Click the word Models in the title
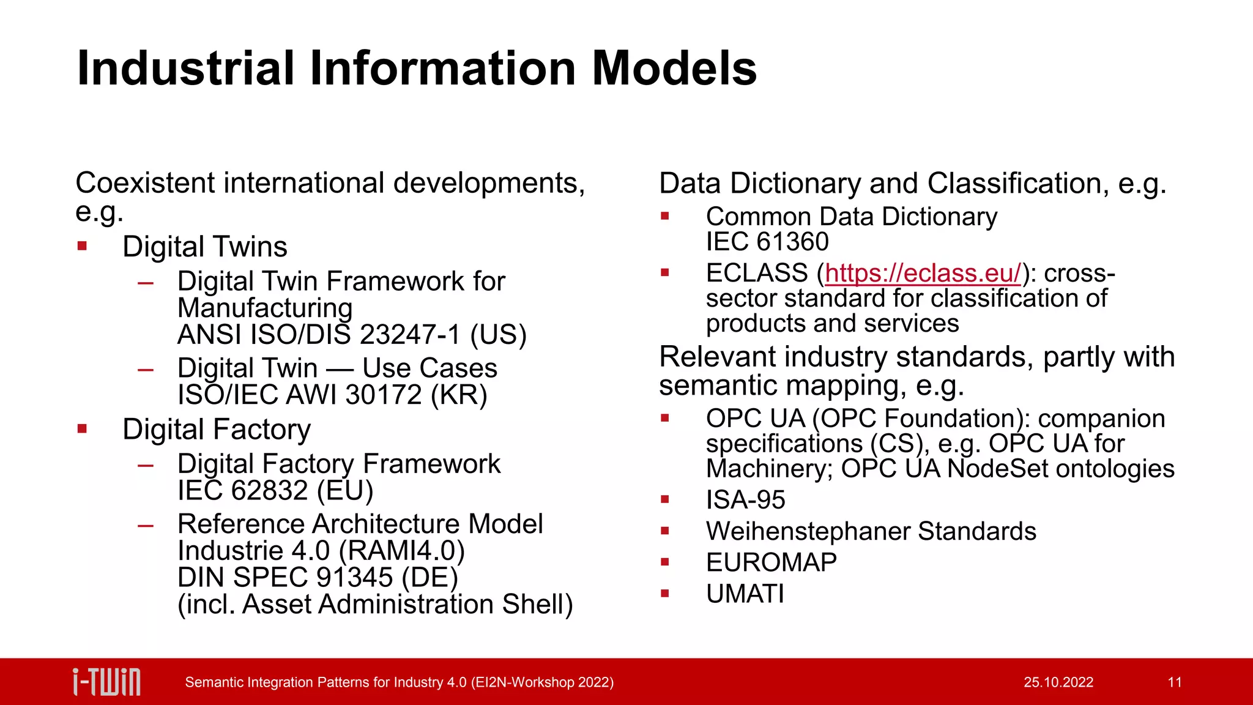pos(674,68)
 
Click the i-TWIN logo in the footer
pos(106,682)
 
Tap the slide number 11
pos(1175,682)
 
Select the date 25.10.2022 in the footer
pos(1058,682)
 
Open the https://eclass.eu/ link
pos(923,273)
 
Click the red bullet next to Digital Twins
pos(83,247)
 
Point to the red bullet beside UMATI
pos(665,593)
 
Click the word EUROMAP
pos(771,562)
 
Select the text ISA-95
pos(745,500)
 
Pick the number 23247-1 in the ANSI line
pos(409,335)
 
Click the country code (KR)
pos(459,395)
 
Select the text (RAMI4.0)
pos(401,551)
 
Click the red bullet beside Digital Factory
pos(83,429)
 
